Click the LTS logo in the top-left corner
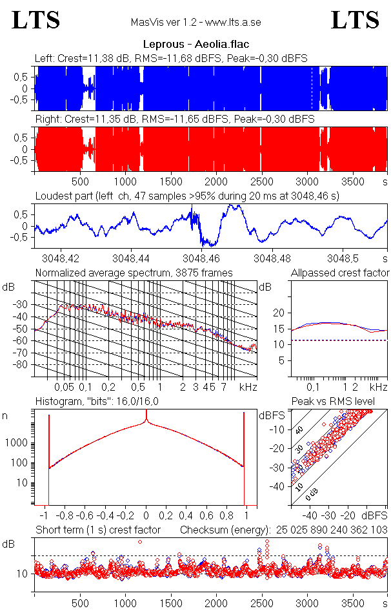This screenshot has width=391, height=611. [36, 20]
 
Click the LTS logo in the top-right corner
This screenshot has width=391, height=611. [355, 20]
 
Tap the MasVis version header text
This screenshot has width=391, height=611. [195, 23]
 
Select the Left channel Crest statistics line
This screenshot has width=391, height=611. [171, 58]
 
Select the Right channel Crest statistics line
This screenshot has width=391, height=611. [174, 119]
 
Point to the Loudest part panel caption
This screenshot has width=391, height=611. [187, 196]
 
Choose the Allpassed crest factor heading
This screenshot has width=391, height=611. [340, 273]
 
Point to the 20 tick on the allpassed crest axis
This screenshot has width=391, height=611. [279, 313]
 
